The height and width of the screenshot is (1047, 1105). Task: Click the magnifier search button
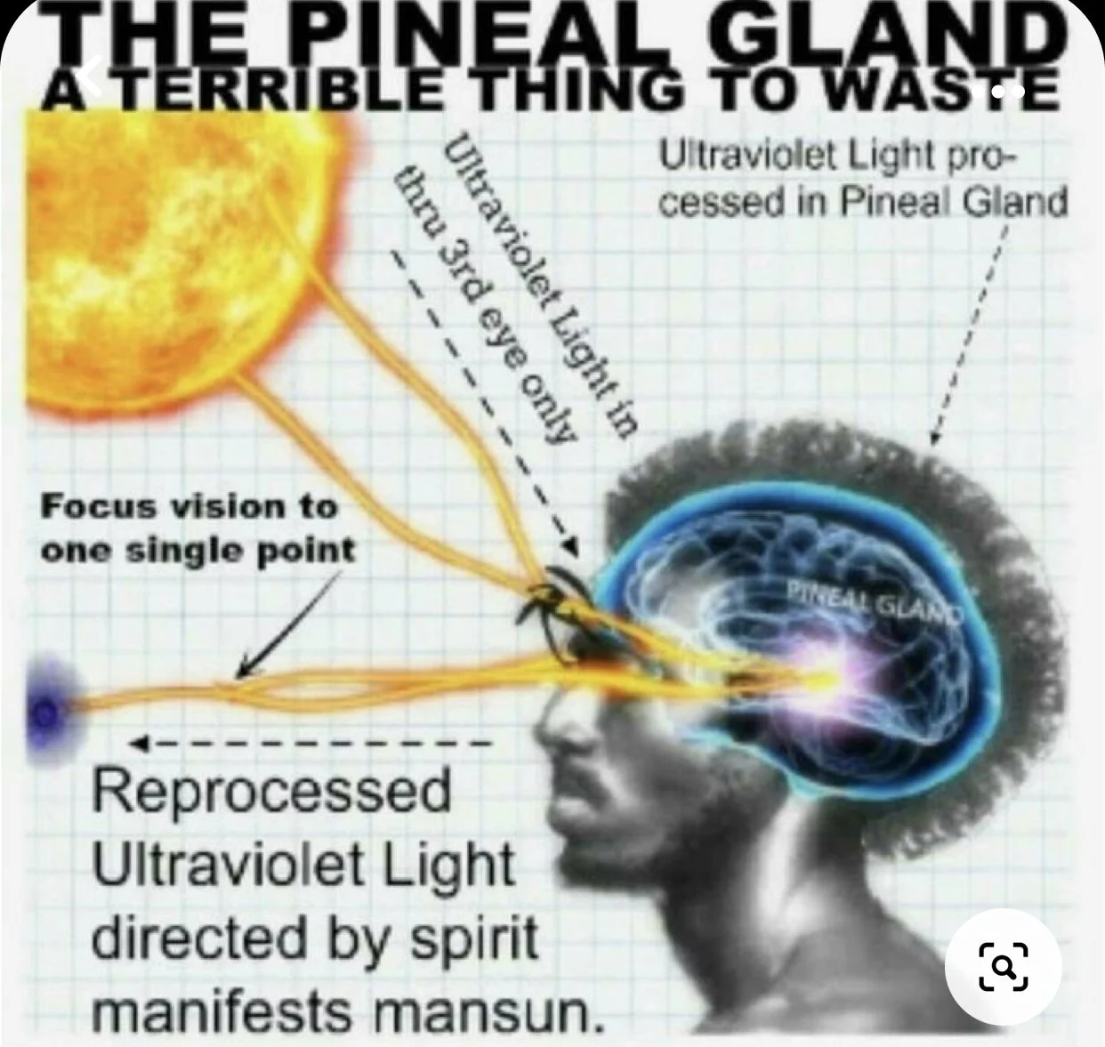(x=1003, y=966)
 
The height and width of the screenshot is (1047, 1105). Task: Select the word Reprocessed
(x=271, y=793)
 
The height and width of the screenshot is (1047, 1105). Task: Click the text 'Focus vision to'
(x=190, y=507)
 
